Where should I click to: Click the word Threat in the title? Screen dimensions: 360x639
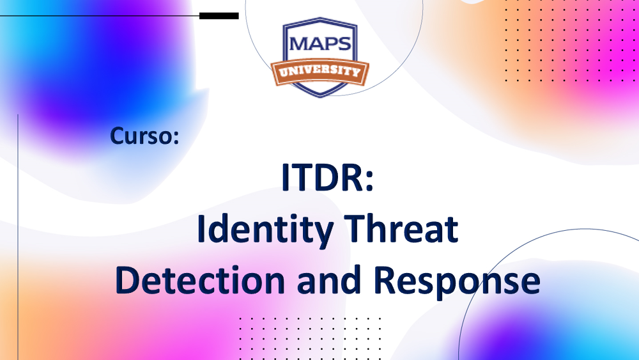pos(400,230)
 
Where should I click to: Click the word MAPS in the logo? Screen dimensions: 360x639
pos(319,43)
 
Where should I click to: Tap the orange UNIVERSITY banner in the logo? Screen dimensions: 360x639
pos(319,71)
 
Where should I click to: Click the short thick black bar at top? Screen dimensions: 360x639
pos(219,15)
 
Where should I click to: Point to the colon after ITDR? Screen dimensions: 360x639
pos(366,180)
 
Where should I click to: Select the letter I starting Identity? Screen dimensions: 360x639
pos(200,230)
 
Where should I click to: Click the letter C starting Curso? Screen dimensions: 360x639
pos(117,136)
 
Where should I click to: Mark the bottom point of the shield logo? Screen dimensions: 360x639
pos(319,96)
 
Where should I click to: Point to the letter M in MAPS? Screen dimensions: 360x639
pos(298,43)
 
